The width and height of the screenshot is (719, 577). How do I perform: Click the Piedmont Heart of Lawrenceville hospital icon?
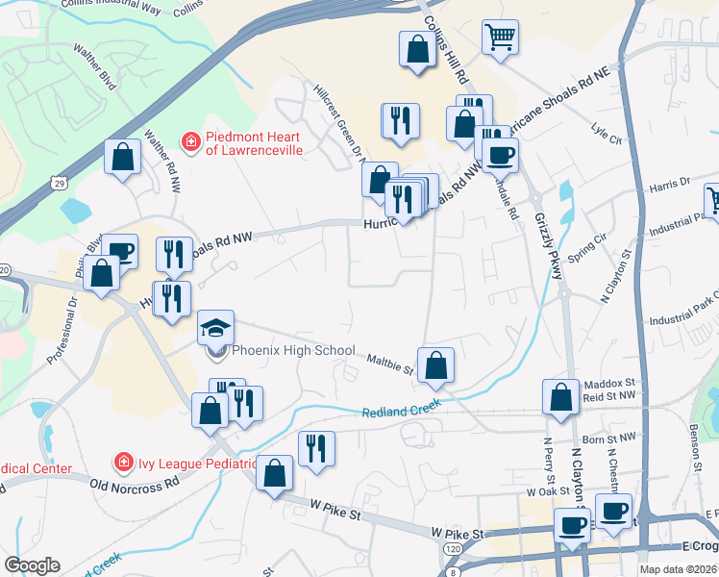pos(191,142)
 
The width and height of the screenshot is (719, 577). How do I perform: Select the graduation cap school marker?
pos(215,327)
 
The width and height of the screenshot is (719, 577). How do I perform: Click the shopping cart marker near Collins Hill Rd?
pos(500,38)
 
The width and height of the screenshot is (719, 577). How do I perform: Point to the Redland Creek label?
pos(402,413)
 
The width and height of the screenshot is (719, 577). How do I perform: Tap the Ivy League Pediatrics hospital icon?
pos(124,464)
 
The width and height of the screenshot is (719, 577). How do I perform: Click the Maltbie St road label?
pos(389,363)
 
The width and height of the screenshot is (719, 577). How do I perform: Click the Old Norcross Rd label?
pos(135,483)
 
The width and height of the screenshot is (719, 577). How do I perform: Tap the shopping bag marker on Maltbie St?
pos(436,364)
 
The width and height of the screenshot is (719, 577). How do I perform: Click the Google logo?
pos(32,565)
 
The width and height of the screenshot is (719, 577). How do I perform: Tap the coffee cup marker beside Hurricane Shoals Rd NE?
pos(500,154)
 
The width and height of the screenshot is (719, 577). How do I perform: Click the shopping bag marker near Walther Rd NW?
pos(124,157)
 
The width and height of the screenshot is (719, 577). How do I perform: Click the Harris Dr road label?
pos(670,182)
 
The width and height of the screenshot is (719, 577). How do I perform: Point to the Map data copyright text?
pos(679,569)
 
